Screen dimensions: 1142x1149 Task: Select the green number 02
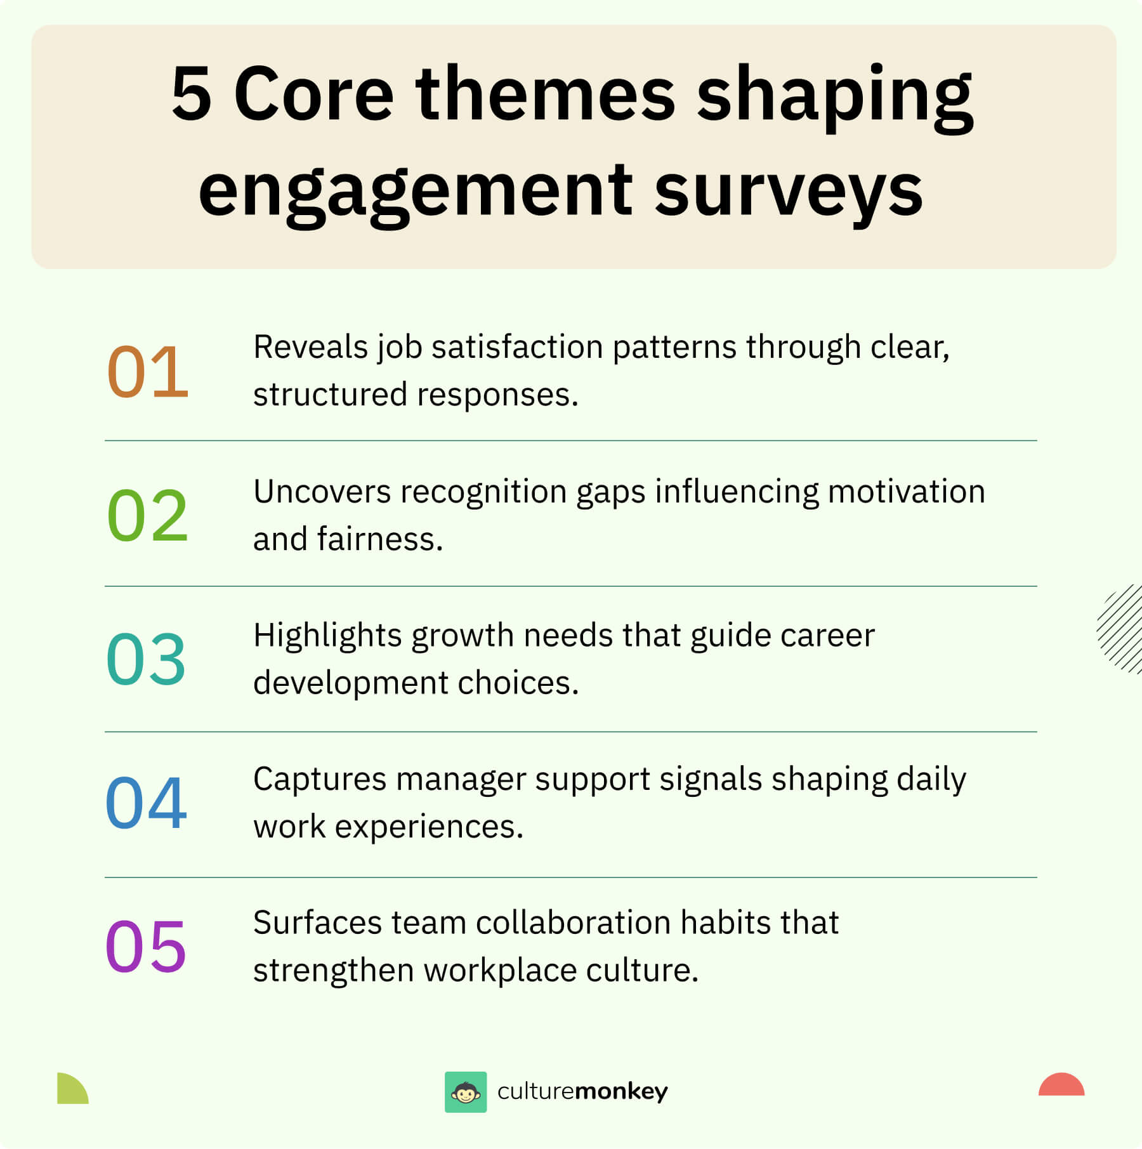click(148, 515)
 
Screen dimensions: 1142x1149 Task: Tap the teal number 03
click(147, 659)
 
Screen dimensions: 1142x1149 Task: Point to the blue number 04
click(147, 803)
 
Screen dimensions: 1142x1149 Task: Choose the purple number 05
click(146, 947)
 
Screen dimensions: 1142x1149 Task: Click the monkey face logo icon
click(466, 1092)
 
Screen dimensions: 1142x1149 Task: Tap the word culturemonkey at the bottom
click(582, 1091)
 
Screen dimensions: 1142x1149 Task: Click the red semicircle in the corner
click(1061, 1084)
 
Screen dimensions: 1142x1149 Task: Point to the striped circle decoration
click(1120, 629)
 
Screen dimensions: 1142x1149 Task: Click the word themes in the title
click(546, 94)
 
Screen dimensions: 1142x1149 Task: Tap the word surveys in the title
click(789, 190)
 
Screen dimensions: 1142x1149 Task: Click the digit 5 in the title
click(191, 94)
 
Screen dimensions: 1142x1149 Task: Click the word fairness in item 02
click(379, 539)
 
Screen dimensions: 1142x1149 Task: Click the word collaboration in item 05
click(574, 922)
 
